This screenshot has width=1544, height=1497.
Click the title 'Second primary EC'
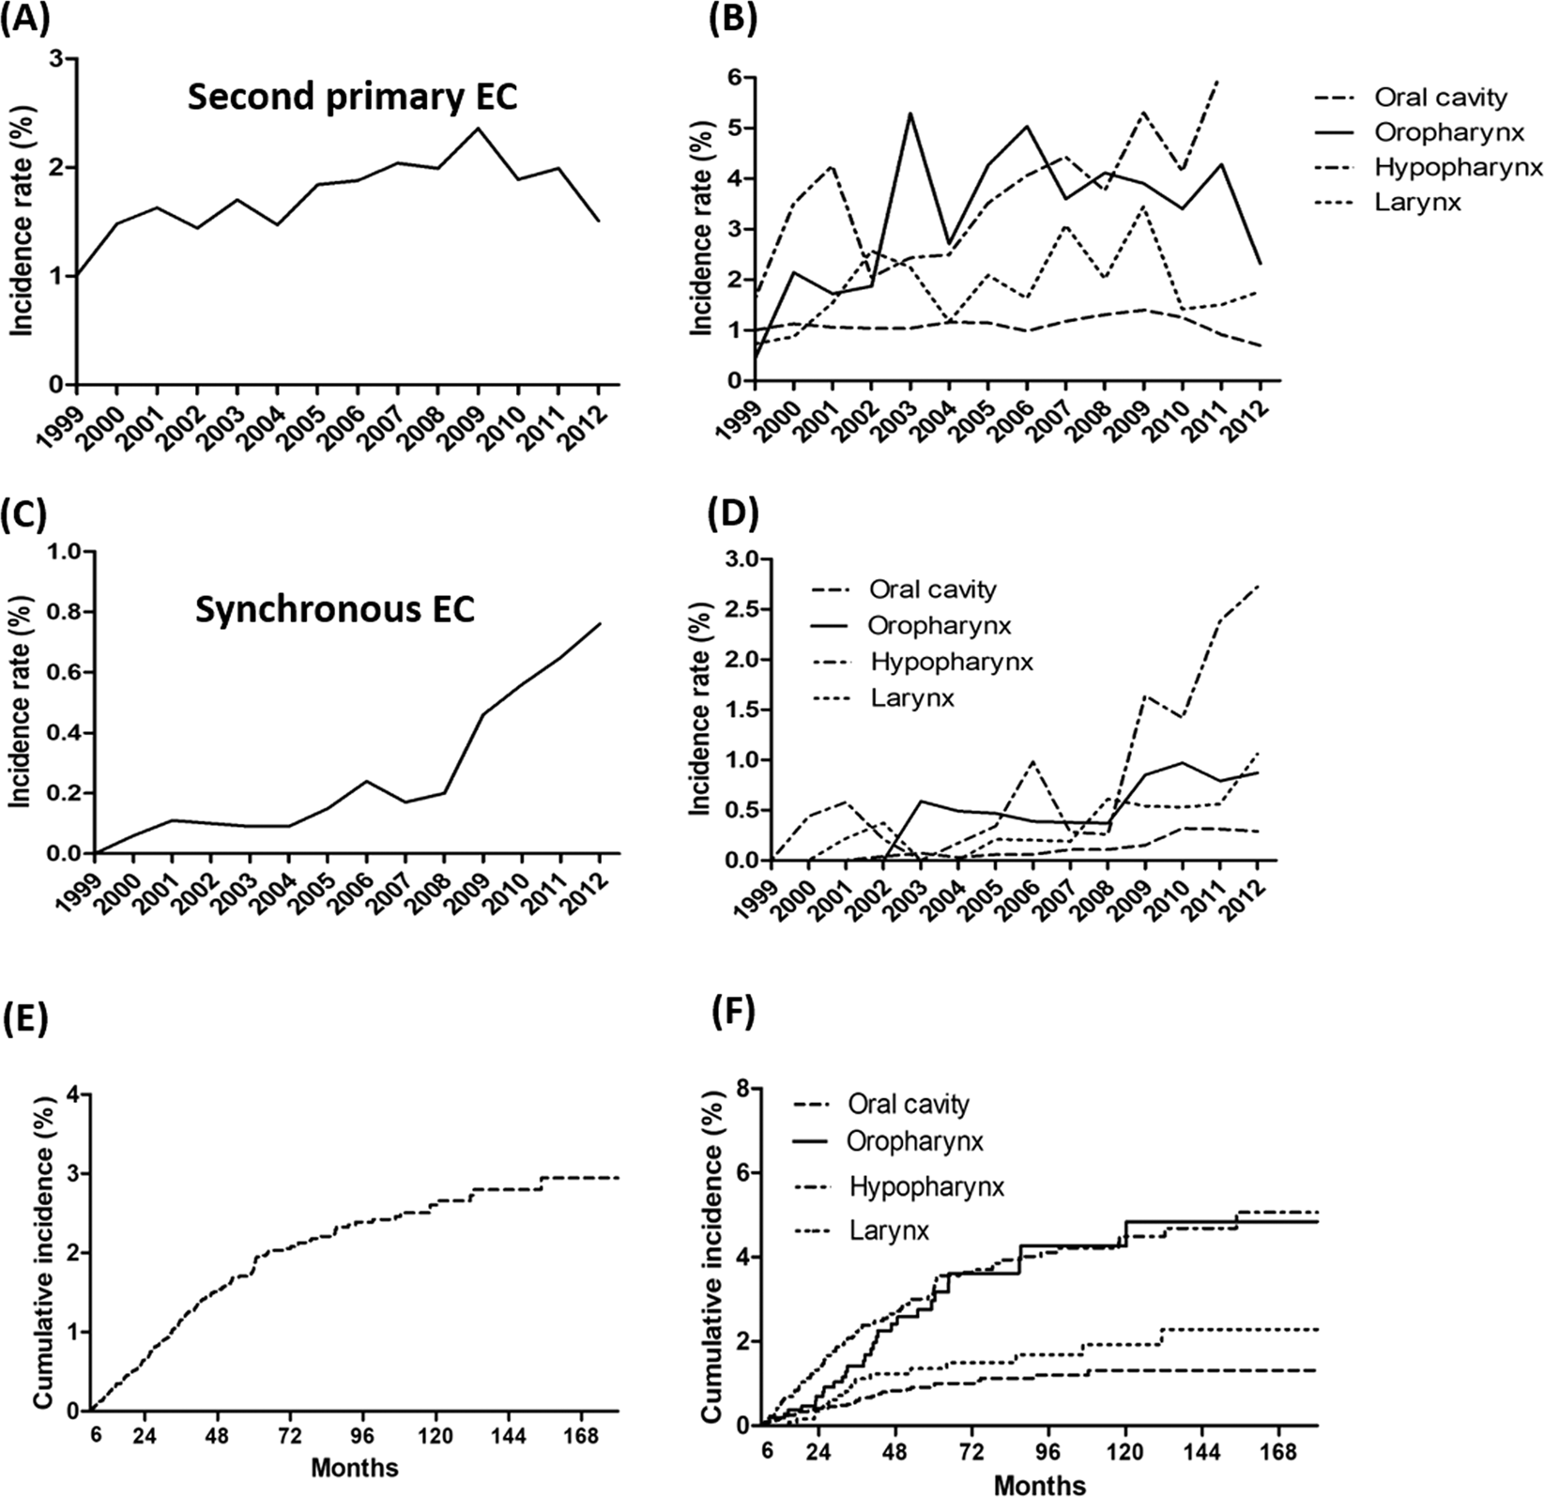click(x=352, y=99)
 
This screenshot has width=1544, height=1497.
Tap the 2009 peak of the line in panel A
click(x=478, y=128)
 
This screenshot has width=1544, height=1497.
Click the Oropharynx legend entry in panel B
click(x=1439, y=131)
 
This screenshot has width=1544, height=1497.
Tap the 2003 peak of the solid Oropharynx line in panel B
click(x=911, y=114)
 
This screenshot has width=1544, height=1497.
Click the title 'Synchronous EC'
click(x=334, y=610)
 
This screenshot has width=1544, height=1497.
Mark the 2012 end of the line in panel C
click(x=601, y=623)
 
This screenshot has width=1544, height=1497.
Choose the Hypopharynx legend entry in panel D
click(x=951, y=662)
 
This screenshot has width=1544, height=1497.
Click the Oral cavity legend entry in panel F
click(x=907, y=1104)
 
